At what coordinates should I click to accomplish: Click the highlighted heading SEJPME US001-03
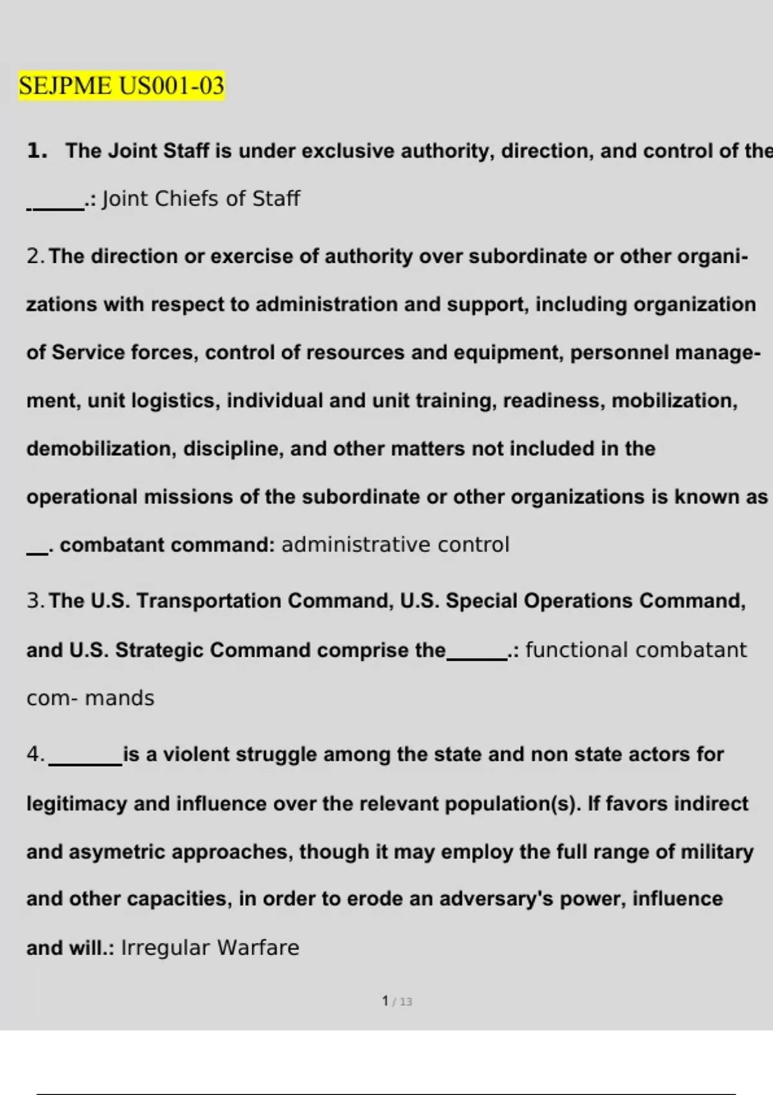coord(121,86)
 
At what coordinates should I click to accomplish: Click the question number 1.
coord(37,151)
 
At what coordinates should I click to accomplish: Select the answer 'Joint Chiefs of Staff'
coord(201,198)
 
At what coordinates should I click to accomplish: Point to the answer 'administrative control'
coord(395,545)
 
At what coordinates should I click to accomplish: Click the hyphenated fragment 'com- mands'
coord(90,698)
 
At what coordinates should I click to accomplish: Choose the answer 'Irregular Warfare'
coord(210,948)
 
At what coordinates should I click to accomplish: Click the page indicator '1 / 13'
coord(397,1002)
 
